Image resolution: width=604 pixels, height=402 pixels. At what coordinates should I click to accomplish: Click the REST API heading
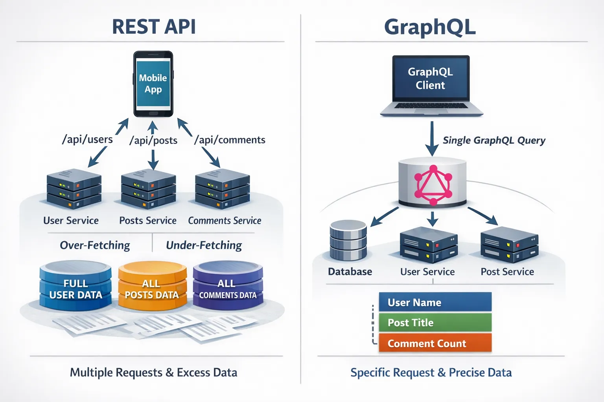pos(154,27)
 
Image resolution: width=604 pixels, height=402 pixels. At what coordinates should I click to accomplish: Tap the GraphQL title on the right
pos(430,27)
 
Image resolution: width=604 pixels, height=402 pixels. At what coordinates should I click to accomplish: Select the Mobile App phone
pos(153,84)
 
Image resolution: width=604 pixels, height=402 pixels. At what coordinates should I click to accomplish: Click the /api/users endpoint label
pos(87,139)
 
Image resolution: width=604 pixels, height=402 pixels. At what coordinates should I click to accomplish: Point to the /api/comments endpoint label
pos(230,140)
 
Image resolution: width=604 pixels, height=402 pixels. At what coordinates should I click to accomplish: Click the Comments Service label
pos(225,221)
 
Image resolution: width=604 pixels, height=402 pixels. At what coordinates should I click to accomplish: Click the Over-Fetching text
pos(95,245)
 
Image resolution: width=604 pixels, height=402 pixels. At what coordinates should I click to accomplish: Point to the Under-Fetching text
pos(204,245)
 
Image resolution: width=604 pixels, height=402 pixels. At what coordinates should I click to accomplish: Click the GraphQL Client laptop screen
pos(431,79)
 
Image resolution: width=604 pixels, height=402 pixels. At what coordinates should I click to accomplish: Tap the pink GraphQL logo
pos(433,185)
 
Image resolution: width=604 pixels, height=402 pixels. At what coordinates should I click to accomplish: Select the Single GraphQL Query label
pos(494,141)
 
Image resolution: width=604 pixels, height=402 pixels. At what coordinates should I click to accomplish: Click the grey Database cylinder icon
pos(348,240)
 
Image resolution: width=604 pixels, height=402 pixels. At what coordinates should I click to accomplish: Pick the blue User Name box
pos(435,302)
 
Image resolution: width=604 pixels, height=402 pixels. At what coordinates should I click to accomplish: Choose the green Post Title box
pos(435,323)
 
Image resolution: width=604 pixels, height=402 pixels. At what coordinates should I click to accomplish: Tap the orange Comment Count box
pos(435,343)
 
